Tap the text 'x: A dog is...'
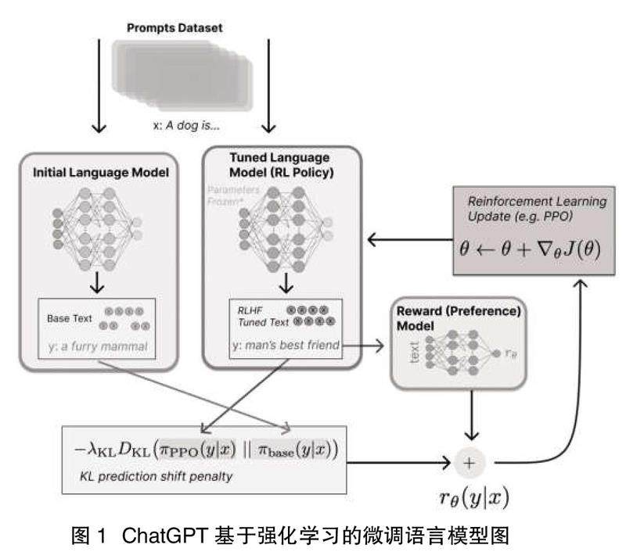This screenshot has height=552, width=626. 185,124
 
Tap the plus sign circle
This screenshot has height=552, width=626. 469,462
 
